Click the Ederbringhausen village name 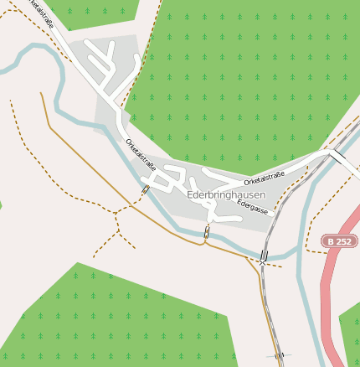click(225, 195)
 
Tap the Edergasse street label click(252, 207)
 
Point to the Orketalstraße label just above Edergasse click(265, 178)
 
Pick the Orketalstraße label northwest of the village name click(141, 154)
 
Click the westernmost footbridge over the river click(146, 190)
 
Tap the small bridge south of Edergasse click(207, 233)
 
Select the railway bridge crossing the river click(265, 254)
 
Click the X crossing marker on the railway click(262, 263)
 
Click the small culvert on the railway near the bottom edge click(279, 355)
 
